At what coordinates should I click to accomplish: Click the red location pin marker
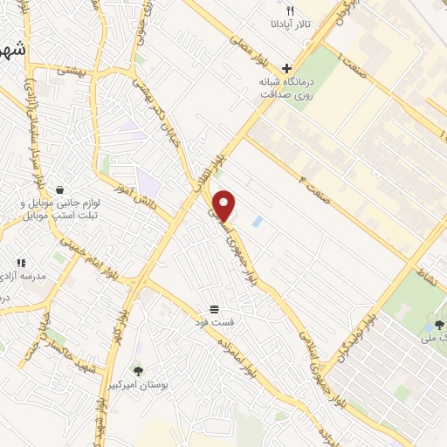coord(224,203)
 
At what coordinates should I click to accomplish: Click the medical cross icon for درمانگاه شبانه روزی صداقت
coord(286,68)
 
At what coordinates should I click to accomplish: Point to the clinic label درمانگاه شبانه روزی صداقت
coord(285,87)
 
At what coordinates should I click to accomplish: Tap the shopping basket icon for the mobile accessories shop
coord(58,189)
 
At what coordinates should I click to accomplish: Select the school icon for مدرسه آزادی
coord(21,262)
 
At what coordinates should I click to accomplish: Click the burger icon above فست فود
coord(214,309)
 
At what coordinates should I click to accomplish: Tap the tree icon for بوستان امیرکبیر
coord(137,370)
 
